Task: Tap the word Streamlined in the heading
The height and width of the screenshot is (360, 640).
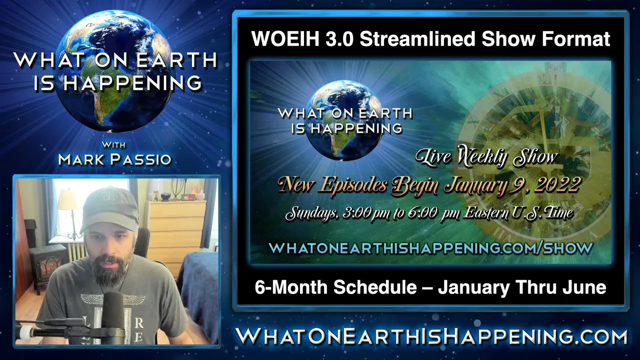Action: pyautogui.click(x=417, y=38)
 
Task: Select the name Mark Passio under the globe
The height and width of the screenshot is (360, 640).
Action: pyautogui.click(x=115, y=159)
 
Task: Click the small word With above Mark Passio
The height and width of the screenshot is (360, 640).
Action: pyautogui.click(x=113, y=145)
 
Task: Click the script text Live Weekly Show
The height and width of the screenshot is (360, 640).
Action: pyautogui.click(x=486, y=157)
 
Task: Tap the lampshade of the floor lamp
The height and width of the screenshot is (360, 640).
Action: pyautogui.click(x=68, y=200)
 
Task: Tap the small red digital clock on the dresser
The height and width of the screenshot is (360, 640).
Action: pyautogui.click(x=188, y=197)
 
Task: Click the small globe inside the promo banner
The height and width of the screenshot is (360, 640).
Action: pyautogui.click(x=345, y=120)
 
